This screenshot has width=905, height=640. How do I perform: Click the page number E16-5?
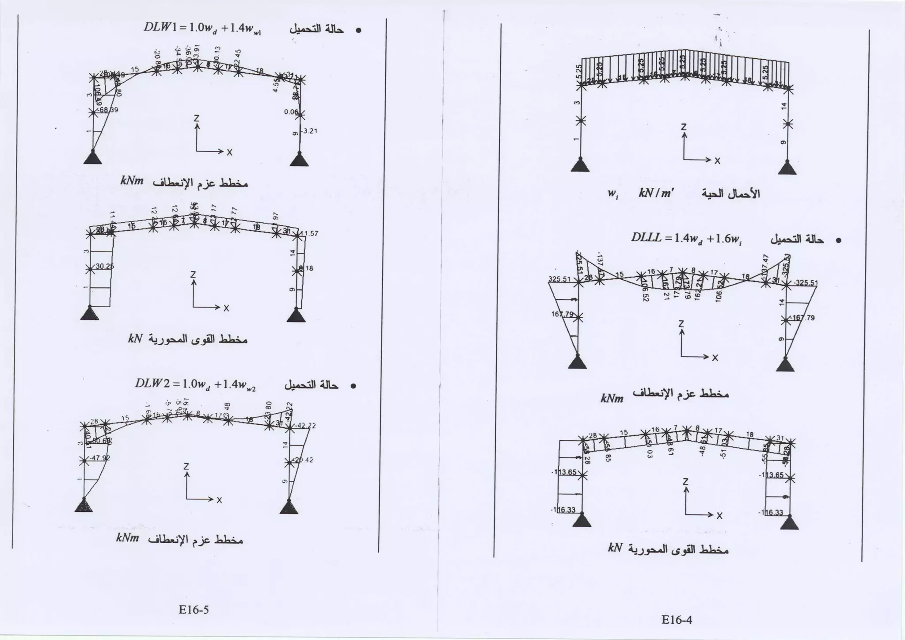tap(194, 610)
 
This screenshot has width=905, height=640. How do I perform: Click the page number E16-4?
tap(677, 620)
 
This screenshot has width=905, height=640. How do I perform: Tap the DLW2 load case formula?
tap(195, 384)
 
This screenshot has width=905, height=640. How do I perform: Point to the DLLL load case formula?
tap(686, 238)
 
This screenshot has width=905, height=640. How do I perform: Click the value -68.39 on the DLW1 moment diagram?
tap(108, 110)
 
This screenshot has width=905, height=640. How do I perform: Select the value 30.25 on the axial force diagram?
tap(105, 267)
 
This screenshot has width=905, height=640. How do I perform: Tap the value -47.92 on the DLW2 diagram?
tap(101, 458)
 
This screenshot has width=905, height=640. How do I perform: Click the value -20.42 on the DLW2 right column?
tap(304, 460)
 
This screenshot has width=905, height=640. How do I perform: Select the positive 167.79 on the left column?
tap(563, 315)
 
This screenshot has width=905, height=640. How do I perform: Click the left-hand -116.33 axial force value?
tap(563, 510)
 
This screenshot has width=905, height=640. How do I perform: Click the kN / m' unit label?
tap(656, 194)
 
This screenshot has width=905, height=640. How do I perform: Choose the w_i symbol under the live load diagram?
tap(612, 194)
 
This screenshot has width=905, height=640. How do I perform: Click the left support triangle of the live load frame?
tap(580, 166)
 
